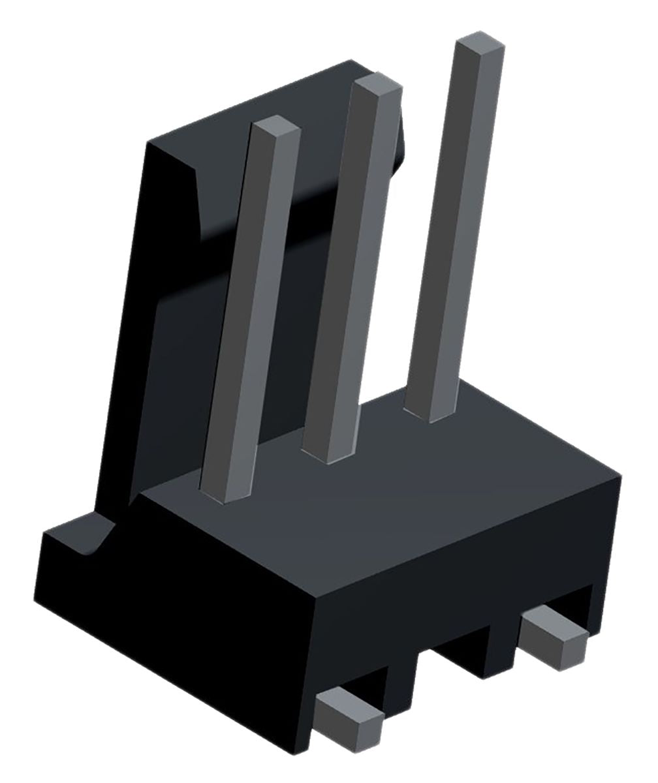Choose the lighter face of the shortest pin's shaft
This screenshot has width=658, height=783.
(261, 313)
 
